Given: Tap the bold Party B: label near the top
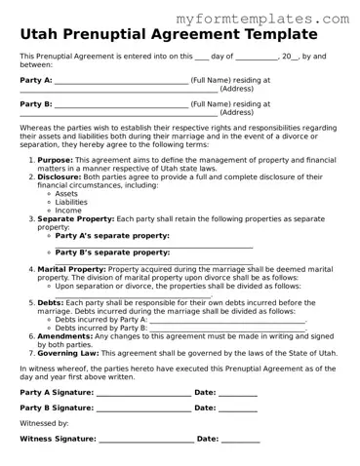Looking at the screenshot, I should tap(36, 103).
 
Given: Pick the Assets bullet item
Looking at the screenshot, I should tap(67, 194).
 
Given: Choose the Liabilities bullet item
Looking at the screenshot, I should tap(73, 202).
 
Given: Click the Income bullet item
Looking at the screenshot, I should tap(68, 211).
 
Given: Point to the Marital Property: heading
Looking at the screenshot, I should tap(72, 268).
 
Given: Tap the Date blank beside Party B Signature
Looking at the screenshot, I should tap(238, 409).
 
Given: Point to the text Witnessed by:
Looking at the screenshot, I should tap(44, 424).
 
